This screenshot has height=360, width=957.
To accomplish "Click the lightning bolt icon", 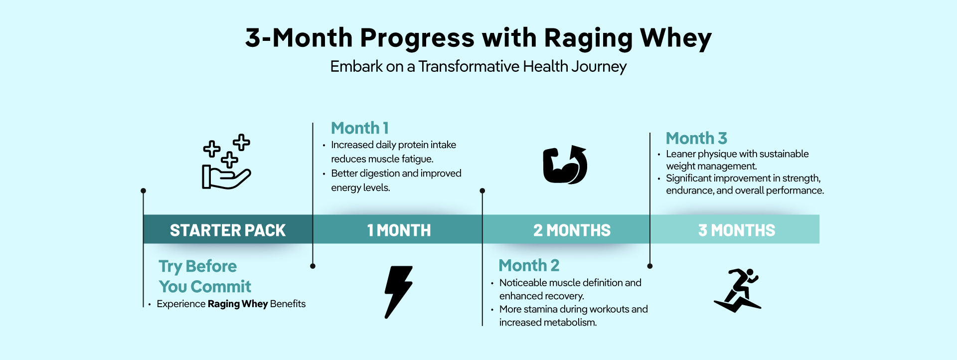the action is [x=397, y=292].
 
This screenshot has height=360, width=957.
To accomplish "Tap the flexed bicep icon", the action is [x=565, y=165].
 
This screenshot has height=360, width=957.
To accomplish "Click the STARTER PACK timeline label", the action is [x=228, y=230].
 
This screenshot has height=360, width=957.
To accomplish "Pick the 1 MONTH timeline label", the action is [x=399, y=230].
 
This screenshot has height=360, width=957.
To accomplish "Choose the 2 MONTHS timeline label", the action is [x=572, y=230].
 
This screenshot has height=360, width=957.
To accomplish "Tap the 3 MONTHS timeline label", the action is [x=737, y=230].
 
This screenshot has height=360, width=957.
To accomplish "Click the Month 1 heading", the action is [x=360, y=128].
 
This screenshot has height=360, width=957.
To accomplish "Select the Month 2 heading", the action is [x=529, y=265].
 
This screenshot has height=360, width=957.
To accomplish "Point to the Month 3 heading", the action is [x=696, y=138].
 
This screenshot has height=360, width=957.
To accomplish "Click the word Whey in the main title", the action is [x=675, y=38].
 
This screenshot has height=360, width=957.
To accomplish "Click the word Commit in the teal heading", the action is [x=221, y=287].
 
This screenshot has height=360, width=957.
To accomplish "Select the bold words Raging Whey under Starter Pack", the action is [x=238, y=304].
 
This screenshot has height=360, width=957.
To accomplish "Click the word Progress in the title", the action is [x=417, y=38].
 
